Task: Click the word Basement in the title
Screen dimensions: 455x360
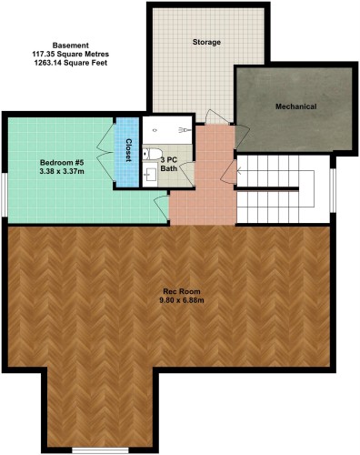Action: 71,45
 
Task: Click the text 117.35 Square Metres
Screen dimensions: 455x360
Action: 71,55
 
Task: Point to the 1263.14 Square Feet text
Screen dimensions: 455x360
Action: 71,65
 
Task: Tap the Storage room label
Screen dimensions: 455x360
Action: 207,43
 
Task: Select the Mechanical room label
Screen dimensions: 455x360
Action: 295,106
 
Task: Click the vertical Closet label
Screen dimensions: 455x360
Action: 128,150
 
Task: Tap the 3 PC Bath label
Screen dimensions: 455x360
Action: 169,164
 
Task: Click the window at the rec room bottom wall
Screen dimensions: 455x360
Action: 99,451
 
